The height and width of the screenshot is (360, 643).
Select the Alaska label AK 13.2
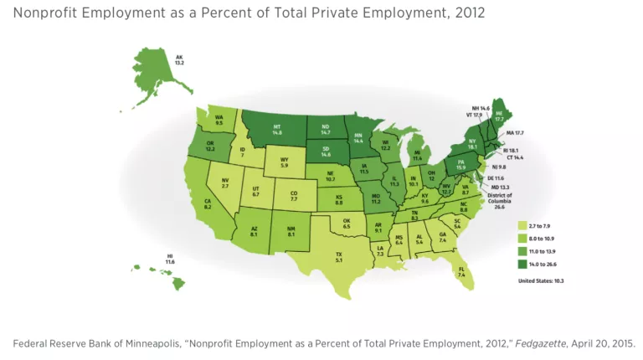(178, 60)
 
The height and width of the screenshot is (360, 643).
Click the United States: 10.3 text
(541, 280)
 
